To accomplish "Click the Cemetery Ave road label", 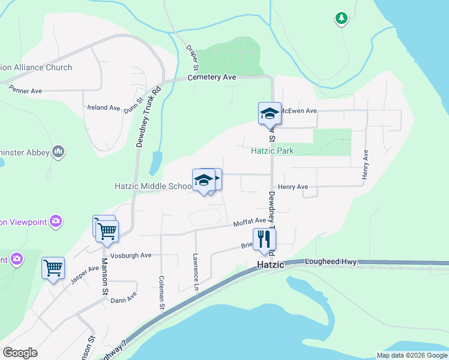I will point(212,77).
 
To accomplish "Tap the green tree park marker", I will point(342,19).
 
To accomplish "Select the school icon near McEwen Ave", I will point(270,113).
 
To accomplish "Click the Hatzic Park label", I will point(272,151).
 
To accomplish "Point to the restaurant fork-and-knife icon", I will point(264,239).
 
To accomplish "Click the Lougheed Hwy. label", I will point(331,262).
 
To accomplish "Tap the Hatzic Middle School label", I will point(154,186).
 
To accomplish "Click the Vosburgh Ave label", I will point(134,255).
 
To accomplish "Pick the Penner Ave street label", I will point(25,91).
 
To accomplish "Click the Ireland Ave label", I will point(104,108).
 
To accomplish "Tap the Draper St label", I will point(191,58).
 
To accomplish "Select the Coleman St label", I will point(161,292).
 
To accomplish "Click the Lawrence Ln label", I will point(195,272).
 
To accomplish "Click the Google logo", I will point(20,353).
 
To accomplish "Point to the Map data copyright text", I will point(412,355).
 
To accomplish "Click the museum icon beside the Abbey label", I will point(59,152).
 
